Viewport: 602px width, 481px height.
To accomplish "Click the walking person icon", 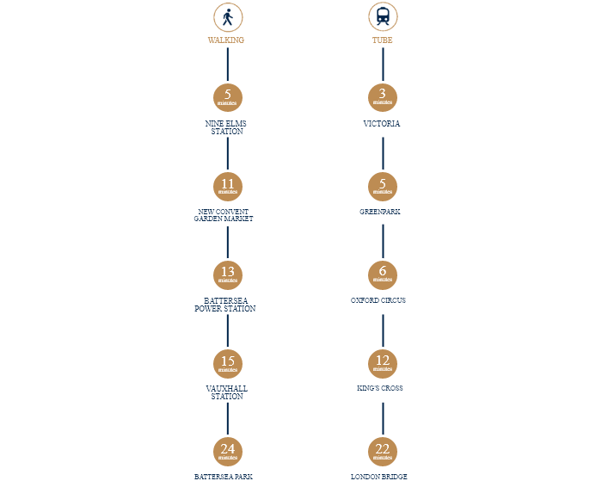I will coord(227,17).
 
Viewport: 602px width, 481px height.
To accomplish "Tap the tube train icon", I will coord(382,17).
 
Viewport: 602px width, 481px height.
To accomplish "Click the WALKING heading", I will coord(226,40).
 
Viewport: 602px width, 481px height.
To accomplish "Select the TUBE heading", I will coord(382,40).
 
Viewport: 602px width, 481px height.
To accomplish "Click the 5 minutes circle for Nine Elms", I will coord(227,96).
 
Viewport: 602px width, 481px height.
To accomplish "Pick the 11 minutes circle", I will coord(227,185).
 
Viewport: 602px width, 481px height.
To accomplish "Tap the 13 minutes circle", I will coord(227,274).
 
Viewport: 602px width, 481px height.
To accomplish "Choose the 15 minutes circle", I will coord(227,363).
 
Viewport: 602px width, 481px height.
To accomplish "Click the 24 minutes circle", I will coord(227,451).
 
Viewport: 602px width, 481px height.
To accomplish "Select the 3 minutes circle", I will coord(382,96).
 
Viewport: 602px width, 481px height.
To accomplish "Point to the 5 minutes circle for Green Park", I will coord(382,185).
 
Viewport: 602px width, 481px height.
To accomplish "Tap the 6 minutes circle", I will coord(382,274).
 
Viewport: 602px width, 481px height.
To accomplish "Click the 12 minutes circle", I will coord(382,363).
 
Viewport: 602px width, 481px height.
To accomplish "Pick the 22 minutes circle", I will coord(382,451).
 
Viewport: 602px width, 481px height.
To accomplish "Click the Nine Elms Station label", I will coord(226,127).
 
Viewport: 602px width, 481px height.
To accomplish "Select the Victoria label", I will coord(382,124).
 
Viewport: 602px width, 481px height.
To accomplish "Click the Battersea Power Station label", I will coord(225,305).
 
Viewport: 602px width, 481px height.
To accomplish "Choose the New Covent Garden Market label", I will coord(225,215).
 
